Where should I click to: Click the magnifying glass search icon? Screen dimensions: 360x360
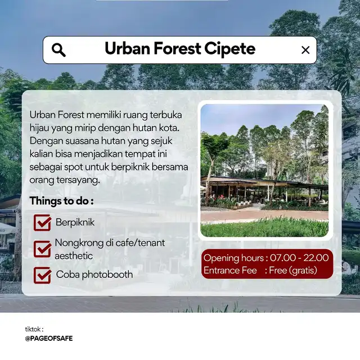58,50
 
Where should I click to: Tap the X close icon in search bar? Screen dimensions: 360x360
305,50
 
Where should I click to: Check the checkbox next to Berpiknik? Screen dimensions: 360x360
43,223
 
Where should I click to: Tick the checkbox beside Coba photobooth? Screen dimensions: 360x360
43,275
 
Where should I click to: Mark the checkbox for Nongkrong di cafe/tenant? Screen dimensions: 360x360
43,249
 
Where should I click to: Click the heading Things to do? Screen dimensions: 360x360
61,201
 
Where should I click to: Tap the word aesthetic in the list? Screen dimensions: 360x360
74,256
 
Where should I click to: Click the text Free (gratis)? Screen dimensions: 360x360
293,271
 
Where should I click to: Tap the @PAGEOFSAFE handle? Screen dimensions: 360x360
49,339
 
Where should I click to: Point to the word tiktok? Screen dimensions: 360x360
33,330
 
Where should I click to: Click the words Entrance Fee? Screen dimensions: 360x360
230,271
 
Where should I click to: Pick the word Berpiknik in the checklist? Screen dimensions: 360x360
75,222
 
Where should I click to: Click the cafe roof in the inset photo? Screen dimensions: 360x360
264,181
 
